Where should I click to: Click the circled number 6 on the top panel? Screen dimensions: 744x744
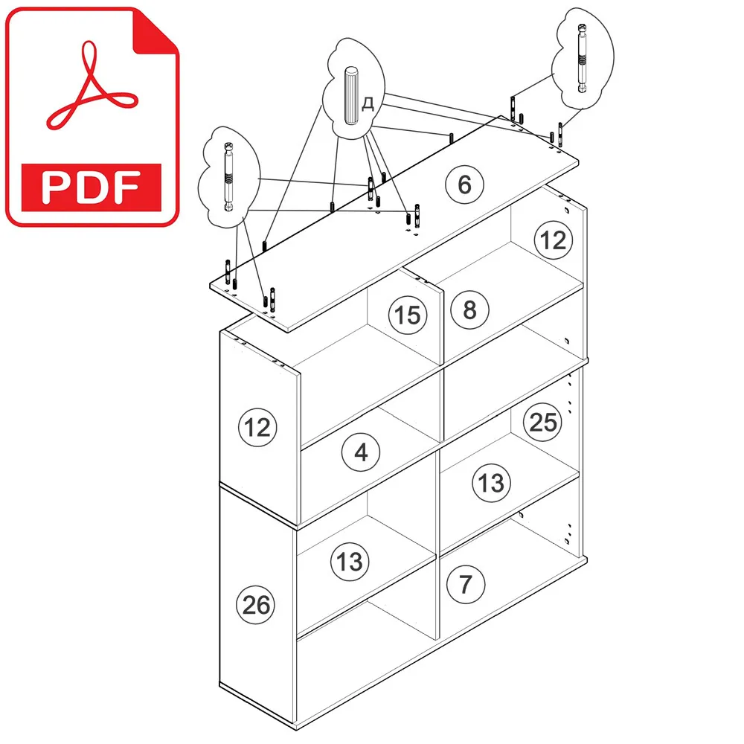point(464,185)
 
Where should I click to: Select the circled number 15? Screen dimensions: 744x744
point(408,315)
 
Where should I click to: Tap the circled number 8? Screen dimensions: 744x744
point(469,310)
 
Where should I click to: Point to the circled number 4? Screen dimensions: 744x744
point(361,452)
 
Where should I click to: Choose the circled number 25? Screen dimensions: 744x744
point(543,422)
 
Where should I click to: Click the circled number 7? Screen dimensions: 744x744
point(466,584)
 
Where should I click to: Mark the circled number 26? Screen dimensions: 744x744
point(256,605)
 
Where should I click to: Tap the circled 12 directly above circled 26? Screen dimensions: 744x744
point(257,427)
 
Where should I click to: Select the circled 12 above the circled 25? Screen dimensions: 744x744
point(554,240)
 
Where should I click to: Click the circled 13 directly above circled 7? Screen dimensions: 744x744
point(492,483)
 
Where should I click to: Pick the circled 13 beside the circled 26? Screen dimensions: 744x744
point(350,562)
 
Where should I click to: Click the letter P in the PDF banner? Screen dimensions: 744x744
point(55,187)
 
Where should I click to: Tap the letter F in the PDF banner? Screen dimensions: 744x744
point(128,187)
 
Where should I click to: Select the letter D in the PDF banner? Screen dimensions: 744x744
point(92,187)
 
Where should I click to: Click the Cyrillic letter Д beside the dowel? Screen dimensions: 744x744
point(368,103)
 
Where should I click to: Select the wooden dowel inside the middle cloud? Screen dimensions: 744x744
point(352,95)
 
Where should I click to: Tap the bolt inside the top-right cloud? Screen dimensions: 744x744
point(583,58)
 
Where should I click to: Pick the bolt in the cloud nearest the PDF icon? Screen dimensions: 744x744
point(228,176)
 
